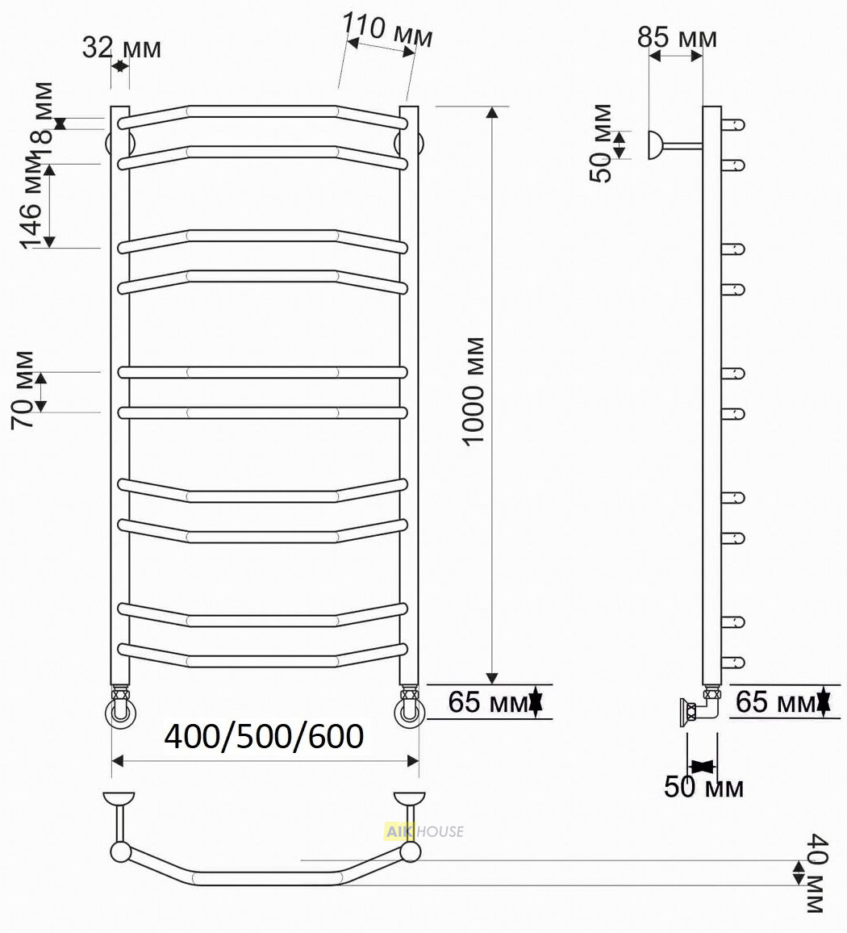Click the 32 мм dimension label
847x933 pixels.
(x=121, y=47)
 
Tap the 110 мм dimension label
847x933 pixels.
(x=387, y=30)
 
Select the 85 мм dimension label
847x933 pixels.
(x=677, y=37)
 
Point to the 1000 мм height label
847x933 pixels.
(x=474, y=391)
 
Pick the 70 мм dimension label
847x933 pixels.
(x=23, y=390)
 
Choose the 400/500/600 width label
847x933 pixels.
(x=264, y=736)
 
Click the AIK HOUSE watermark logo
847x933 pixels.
(x=424, y=831)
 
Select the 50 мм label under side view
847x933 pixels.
(x=703, y=787)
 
